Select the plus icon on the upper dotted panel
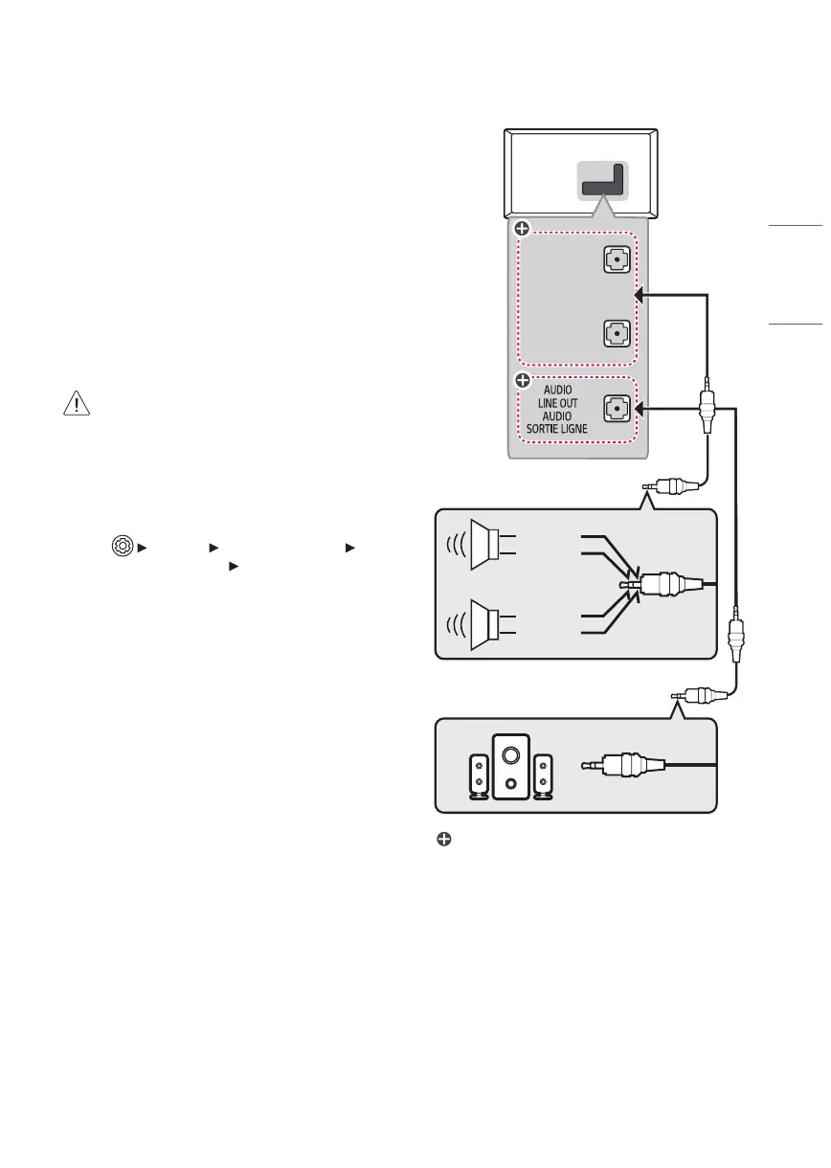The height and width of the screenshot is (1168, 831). click(522, 229)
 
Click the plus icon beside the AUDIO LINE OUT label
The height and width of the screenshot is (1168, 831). click(522, 381)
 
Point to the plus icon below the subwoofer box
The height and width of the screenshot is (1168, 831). click(444, 839)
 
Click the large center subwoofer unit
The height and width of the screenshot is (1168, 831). click(510, 765)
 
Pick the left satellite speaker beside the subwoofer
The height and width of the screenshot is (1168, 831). click(478, 775)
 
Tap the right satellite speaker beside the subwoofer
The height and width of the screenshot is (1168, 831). click(544, 775)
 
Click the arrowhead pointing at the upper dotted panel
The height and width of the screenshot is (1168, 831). click(640, 296)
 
